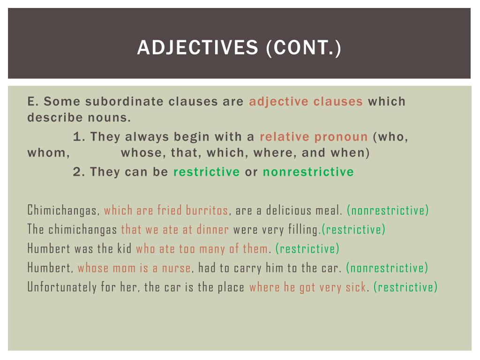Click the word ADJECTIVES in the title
point(198,47)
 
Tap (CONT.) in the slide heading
point(304,48)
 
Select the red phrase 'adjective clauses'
point(306,101)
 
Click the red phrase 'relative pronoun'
point(314,136)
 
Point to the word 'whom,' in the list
point(48,153)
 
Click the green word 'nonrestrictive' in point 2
point(308,172)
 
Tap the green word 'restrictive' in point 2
point(207,172)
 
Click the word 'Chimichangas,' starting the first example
point(63,210)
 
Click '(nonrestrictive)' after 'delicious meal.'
point(388,210)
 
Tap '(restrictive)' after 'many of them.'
point(307,249)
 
